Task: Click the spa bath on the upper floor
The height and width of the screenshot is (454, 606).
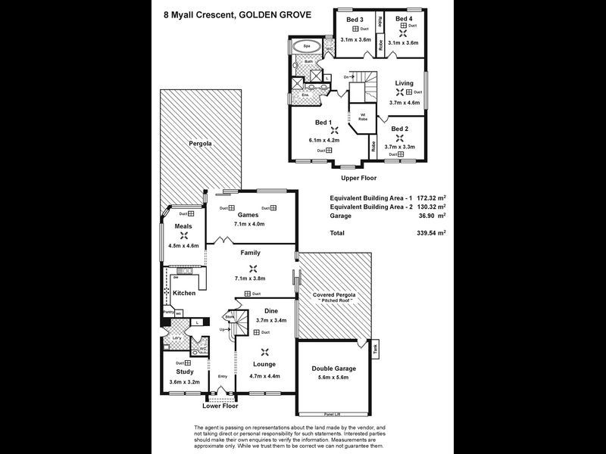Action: (306, 45)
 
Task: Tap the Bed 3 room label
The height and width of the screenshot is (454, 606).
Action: (355, 19)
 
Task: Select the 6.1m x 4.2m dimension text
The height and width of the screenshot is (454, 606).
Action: (323, 140)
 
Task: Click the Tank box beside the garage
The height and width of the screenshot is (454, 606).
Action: (376, 348)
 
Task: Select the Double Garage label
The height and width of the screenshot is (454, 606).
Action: (333, 368)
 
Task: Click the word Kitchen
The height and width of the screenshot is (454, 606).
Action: (184, 293)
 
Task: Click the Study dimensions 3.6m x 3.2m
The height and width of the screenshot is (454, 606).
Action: (185, 382)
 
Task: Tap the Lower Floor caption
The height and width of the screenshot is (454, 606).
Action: (220, 406)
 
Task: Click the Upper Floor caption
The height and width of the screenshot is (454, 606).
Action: (359, 178)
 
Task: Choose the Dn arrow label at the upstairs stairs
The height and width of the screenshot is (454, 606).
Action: (346, 77)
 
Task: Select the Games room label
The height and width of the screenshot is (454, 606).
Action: (248, 215)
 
